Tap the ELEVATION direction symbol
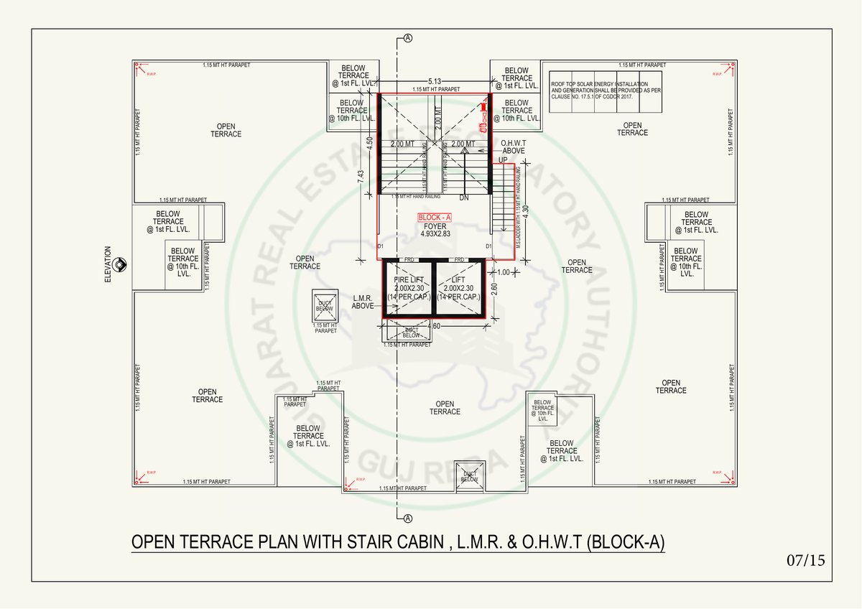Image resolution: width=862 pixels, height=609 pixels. (x=120, y=264)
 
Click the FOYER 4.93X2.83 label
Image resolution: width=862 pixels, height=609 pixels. (x=435, y=229)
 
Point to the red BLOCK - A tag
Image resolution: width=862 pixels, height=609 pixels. (x=434, y=216)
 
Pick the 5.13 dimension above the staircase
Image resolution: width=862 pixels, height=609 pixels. (x=435, y=81)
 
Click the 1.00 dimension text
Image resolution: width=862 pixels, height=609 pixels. (x=503, y=272)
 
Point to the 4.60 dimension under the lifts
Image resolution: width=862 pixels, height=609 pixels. (x=434, y=327)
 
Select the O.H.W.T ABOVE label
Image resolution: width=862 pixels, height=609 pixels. (x=513, y=147)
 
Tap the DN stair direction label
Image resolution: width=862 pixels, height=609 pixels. (x=465, y=197)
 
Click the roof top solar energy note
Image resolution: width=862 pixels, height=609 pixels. (x=595, y=90)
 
